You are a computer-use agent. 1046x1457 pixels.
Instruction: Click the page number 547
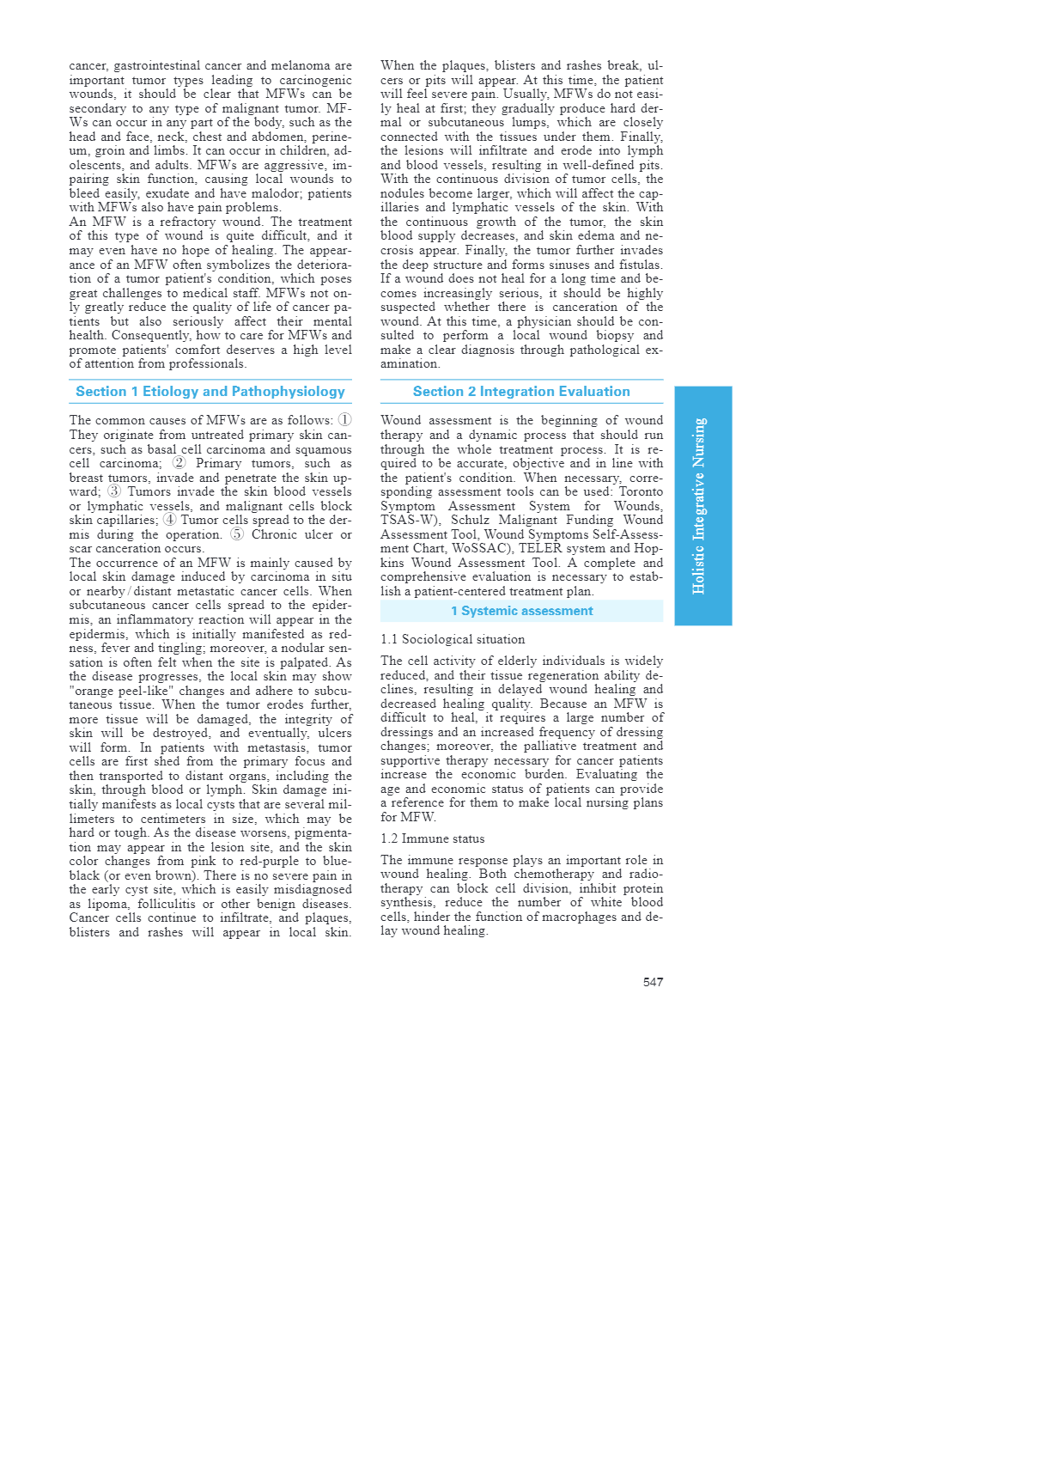653,982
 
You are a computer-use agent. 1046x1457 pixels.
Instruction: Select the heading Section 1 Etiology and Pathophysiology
210,392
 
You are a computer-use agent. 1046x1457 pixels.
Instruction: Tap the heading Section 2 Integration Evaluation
521,392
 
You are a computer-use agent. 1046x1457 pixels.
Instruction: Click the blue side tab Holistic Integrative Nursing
702,505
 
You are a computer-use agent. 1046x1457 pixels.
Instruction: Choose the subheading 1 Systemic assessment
521,611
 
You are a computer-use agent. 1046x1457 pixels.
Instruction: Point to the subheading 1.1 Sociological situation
453,639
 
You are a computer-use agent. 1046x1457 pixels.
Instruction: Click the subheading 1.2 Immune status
433,838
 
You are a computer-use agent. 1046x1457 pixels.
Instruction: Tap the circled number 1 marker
344,420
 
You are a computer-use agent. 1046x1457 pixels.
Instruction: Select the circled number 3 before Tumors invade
114,491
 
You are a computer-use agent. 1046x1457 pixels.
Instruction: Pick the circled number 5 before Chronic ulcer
237,534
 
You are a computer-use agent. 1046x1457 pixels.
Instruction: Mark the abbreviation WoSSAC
473,549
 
